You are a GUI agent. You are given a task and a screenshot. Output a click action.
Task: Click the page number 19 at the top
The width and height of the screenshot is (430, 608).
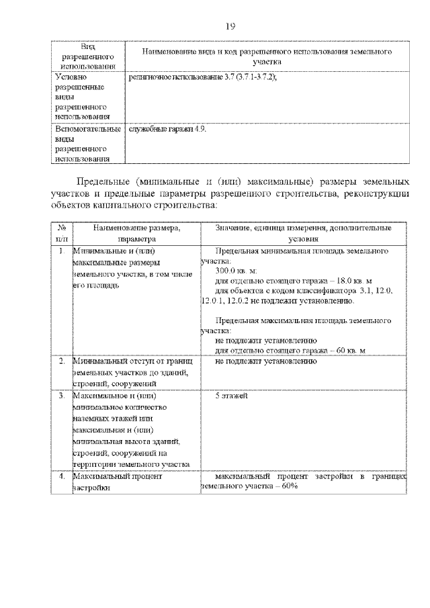[x=230, y=26]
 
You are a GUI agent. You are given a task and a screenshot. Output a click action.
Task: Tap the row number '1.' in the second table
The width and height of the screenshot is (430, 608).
[x=61, y=251]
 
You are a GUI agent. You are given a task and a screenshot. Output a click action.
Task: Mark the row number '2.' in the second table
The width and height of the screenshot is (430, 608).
[x=61, y=361]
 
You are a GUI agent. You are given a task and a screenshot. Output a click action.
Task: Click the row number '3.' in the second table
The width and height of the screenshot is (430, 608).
[x=61, y=396]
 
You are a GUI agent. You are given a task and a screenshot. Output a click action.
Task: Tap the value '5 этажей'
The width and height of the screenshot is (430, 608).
[x=232, y=396]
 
